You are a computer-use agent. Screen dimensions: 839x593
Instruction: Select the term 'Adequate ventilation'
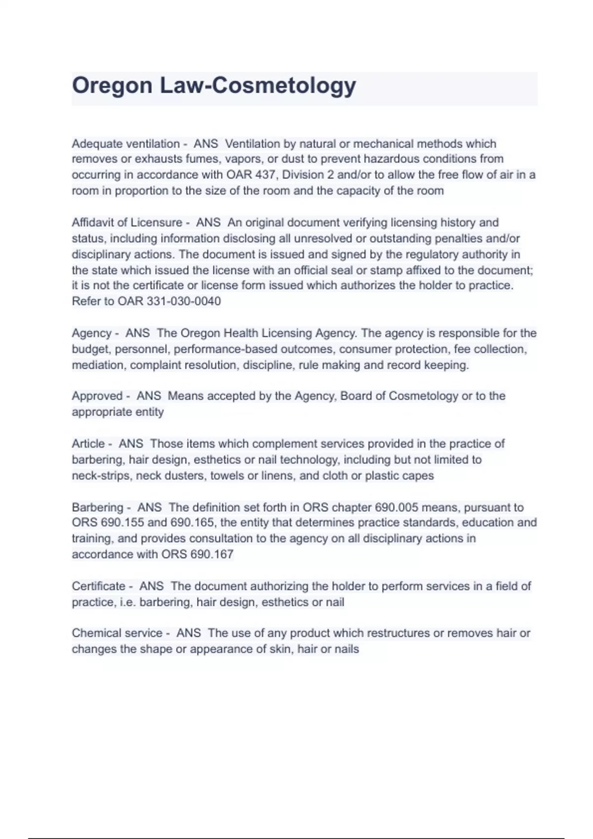[x=126, y=144]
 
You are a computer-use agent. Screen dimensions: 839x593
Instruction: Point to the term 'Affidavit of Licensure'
[x=127, y=223]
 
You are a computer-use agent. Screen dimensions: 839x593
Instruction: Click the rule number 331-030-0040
[x=184, y=301]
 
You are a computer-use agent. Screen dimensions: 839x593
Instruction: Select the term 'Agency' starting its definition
[x=91, y=333]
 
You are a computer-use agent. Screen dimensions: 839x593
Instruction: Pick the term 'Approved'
[x=97, y=396]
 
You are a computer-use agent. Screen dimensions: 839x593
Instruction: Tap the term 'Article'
[x=88, y=444]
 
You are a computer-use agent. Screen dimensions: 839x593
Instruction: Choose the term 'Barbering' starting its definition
[x=97, y=507]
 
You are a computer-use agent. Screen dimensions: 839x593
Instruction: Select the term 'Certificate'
[x=98, y=586]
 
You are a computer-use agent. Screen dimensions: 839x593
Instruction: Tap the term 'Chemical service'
[x=117, y=633]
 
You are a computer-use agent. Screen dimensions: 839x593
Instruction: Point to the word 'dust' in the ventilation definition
[x=293, y=159]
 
